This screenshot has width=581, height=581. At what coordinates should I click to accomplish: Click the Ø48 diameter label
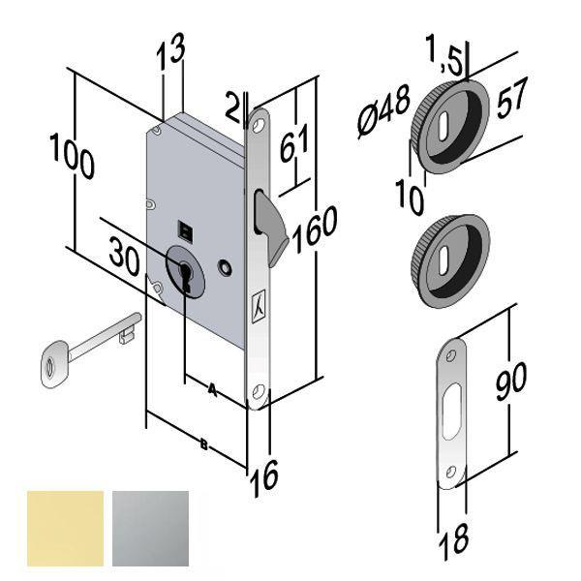coord(384,113)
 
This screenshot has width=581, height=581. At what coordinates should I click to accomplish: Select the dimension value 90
coord(505,381)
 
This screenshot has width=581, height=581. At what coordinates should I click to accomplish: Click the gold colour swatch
coord(66,528)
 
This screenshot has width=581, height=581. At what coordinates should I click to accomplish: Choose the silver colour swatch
coord(152,528)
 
